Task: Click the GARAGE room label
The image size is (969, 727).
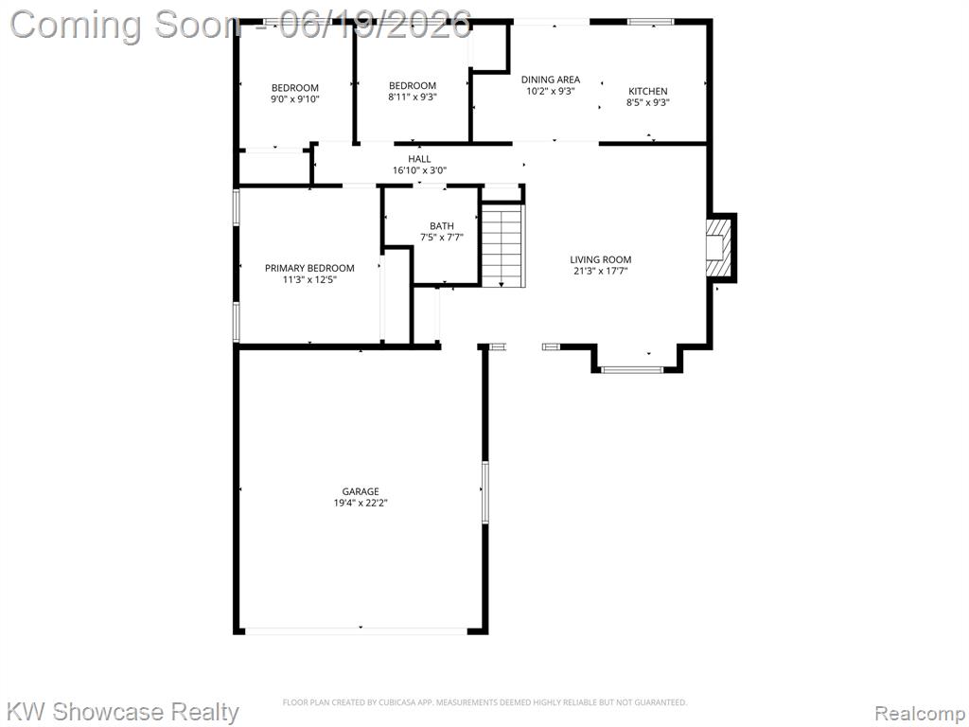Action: (361, 492)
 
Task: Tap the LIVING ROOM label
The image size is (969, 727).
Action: (601, 260)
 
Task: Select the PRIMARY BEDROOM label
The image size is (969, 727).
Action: (309, 268)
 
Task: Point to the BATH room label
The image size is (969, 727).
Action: (442, 226)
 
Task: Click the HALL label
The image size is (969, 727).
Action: (419, 159)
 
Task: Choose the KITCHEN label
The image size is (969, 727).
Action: (648, 92)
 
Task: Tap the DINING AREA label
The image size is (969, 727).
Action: (551, 80)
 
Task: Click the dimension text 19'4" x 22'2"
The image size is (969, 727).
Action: (361, 504)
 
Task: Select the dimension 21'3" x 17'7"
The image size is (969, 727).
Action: (601, 271)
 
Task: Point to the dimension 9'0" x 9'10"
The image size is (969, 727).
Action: (295, 98)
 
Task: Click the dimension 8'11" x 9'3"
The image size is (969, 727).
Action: (413, 98)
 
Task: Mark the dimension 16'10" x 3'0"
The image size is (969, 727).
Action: (419, 170)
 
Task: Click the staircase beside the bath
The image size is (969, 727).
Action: (503, 245)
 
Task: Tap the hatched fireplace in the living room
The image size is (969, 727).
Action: (719, 248)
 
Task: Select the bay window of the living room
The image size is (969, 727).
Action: (632, 370)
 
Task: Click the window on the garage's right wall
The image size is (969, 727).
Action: (485, 492)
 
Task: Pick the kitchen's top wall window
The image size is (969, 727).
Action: (651, 22)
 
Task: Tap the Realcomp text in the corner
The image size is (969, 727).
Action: (920, 714)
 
